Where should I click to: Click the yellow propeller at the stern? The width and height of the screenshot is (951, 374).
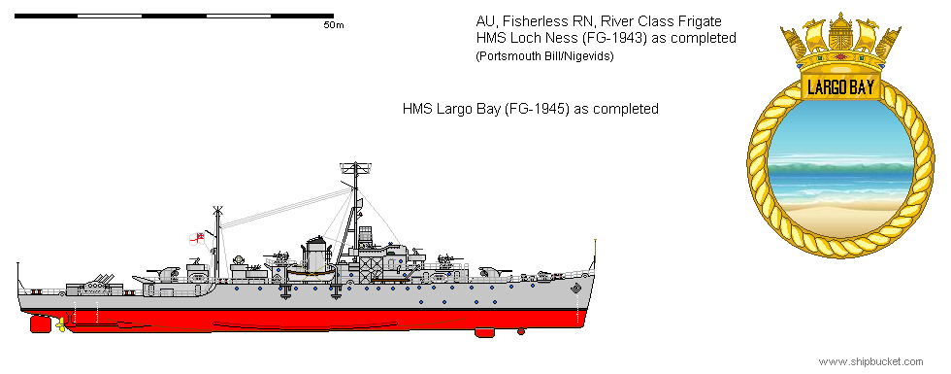coord(60,325)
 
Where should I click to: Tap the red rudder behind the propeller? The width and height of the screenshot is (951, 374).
coord(41,323)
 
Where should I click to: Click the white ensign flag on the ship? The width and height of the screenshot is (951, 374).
coord(195,238)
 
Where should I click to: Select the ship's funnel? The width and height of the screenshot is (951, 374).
coord(315,254)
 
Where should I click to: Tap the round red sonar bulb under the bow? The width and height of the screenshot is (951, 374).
coord(521,331)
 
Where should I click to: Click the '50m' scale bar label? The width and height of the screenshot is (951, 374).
coord(334,25)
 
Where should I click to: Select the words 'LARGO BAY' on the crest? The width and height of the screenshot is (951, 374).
coord(840,87)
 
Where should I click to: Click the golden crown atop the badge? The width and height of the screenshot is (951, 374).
coord(840,43)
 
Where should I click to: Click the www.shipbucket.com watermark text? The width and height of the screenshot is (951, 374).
coord(870,361)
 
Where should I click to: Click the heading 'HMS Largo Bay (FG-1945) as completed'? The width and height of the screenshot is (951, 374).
coord(530,109)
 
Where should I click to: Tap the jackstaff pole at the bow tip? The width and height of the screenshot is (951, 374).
coord(595,254)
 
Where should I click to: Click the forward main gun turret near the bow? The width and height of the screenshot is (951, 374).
coord(494,273)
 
